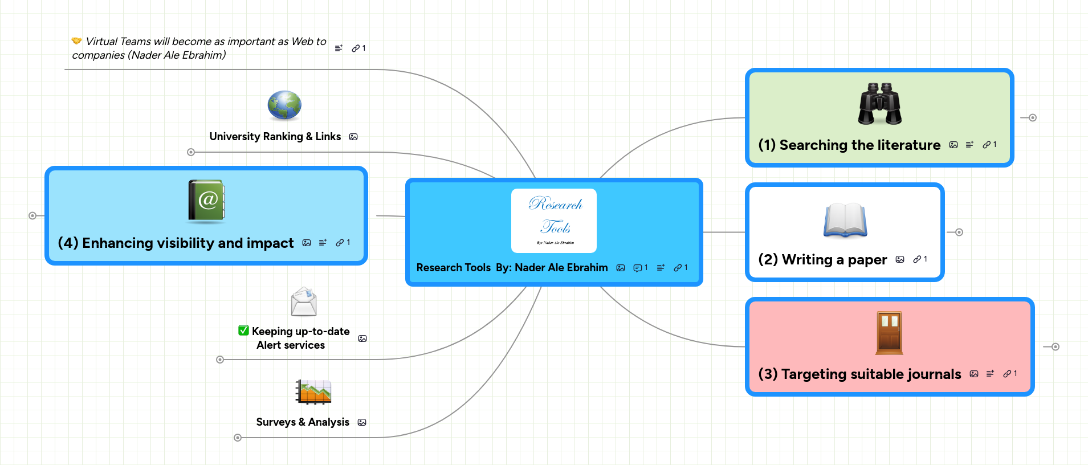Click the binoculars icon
(880, 104)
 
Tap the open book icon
(845, 220)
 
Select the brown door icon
(889, 333)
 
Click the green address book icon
(207, 201)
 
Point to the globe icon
(284, 105)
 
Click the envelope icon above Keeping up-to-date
(304, 301)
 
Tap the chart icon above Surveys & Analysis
(313, 391)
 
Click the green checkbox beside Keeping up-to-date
(244, 331)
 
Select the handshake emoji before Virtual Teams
(76, 41)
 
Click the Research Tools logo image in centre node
(554, 221)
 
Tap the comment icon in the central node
(638, 268)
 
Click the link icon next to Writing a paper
(917, 259)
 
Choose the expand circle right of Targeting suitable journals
(1056, 346)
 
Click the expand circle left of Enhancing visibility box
(32, 215)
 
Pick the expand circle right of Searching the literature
(1033, 117)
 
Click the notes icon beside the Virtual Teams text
(339, 48)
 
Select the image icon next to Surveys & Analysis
(362, 422)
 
